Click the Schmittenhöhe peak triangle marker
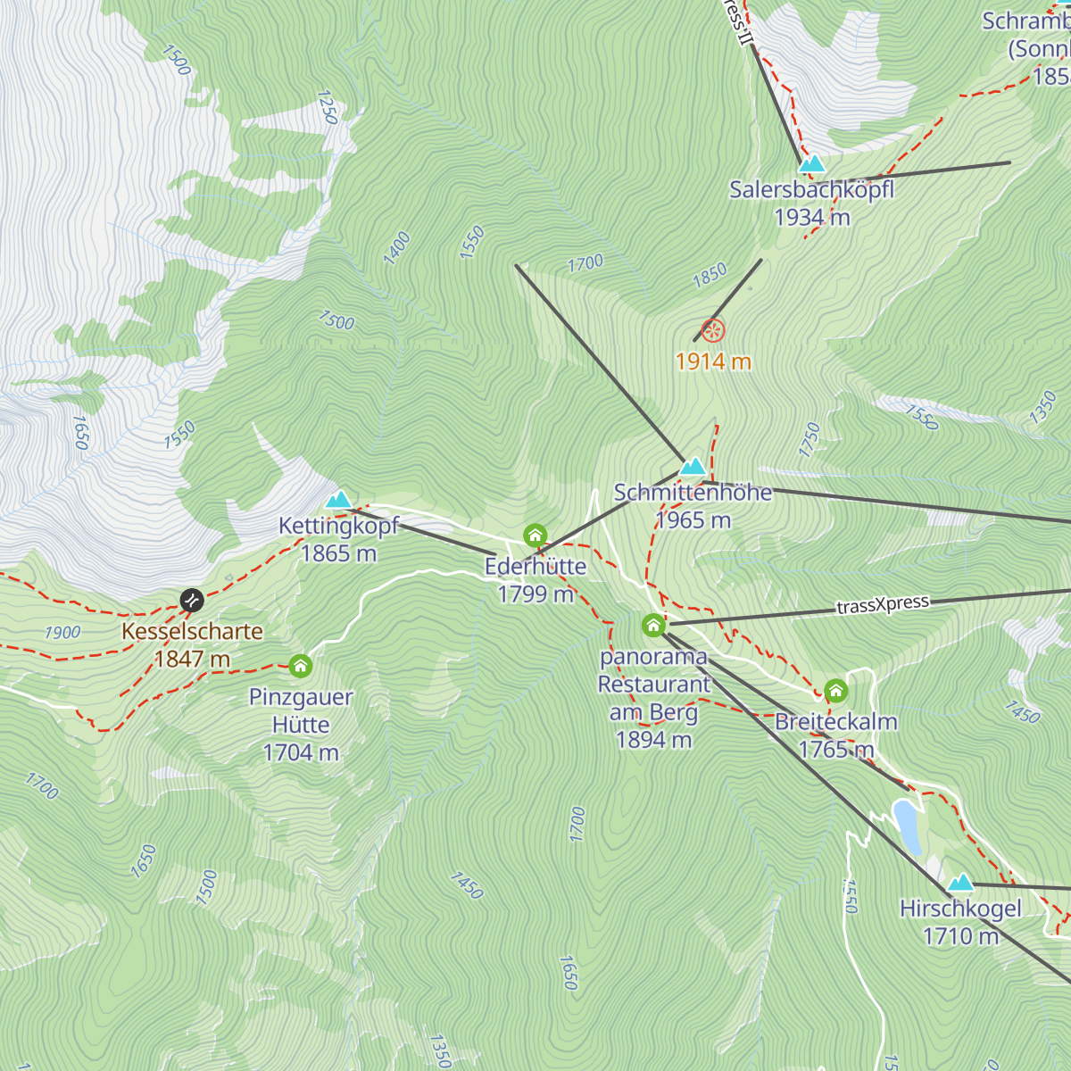(x=693, y=467)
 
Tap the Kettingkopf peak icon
(x=338, y=499)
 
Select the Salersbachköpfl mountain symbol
(x=811, y=163)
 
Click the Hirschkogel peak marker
(x=960, y=884)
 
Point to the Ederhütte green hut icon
(x=535, y=535)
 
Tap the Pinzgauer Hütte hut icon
(x=301, y=666)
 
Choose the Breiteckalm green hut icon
(x=835, y=691)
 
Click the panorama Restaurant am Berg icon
(x=654, y=625)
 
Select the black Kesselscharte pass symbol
(x=192, y=600)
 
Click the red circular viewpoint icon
(x=712, y=331)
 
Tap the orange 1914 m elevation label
(x=713, y=361)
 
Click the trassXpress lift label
(x=883, y=605)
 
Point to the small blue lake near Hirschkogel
(x=908, y=826)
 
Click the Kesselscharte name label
(x=193, y=631)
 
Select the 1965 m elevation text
(x=693, y=520)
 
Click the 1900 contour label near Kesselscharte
(x=62, y=633)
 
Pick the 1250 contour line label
(x=328, y=106)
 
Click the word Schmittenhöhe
(x=693, y=493)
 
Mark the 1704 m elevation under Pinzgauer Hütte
(x=301, y=752)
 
